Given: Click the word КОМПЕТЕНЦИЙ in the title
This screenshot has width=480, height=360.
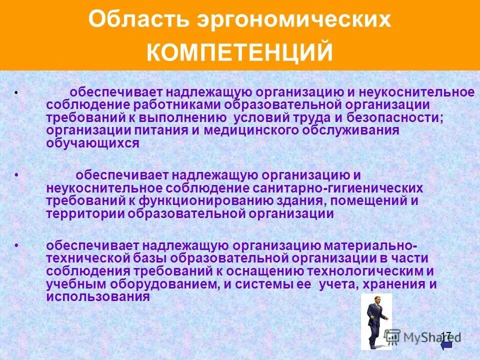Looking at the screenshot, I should (239, 52).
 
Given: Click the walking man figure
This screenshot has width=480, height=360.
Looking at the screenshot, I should (376, 321).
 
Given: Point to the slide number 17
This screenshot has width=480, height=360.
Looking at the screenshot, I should (446, 335).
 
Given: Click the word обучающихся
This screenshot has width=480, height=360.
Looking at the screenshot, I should (92, 142).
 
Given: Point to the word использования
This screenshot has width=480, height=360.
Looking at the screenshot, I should (98, 296).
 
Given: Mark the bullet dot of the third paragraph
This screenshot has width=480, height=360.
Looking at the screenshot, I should (17, 246).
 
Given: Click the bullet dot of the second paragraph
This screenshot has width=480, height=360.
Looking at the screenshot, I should (17, 176).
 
